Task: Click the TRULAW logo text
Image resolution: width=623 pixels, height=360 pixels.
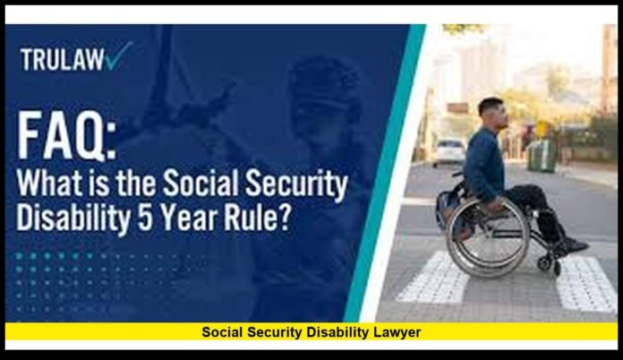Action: (x=60, y=59)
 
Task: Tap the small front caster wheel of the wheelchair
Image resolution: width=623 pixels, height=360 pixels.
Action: (x=546, y=262)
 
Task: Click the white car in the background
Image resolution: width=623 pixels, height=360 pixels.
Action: (x=449, y=151)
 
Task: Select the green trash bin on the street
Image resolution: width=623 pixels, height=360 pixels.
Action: (x=542, y=155)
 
